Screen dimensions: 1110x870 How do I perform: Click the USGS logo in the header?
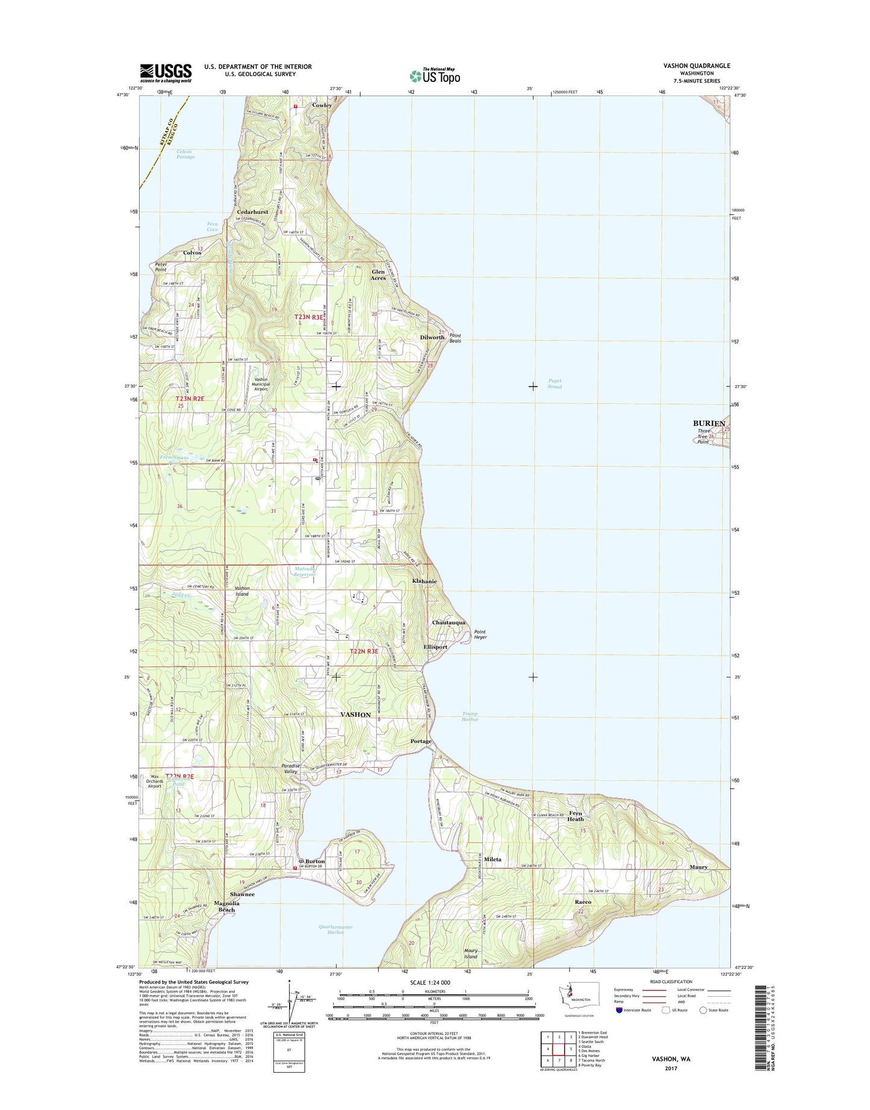coord(166,73)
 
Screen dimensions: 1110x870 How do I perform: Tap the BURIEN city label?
coord(709,424)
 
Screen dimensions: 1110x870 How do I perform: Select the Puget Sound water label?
coord(555,384)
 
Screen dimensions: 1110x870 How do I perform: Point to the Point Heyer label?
coord(480,635)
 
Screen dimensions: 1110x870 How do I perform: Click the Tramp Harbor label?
coord(470,716)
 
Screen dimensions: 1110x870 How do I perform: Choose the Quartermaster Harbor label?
coord(335,929)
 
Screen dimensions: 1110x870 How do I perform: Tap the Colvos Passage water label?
coord(185,154)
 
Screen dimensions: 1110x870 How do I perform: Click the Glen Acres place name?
coord(378,275)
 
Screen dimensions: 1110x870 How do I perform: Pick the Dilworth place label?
coord(432,337)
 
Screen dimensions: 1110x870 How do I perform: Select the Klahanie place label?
coord(424,582)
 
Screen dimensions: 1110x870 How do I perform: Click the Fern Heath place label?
coord(575,817)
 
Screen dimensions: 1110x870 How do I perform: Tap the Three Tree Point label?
coord(703,436)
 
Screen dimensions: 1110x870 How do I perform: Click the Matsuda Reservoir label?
coord(305,571)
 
